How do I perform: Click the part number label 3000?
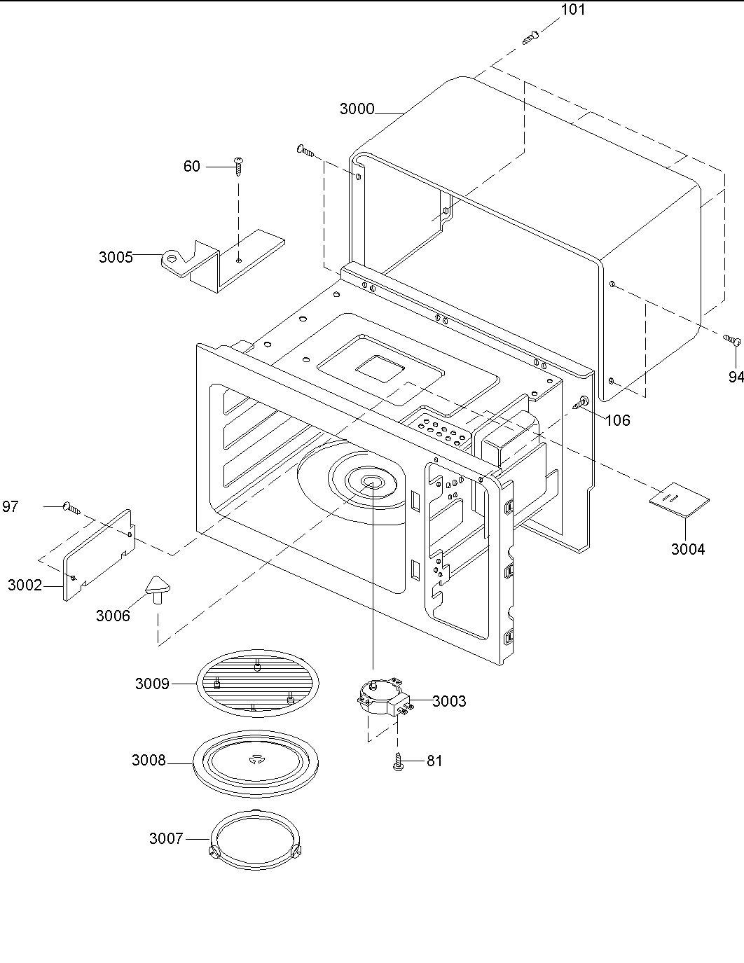(x=357, y=109)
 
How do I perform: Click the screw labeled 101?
(x=531, y=37)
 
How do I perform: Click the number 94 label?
(x=736, y=377)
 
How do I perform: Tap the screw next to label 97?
(x=71, y=506)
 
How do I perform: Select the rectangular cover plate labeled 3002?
(x=99, y=554)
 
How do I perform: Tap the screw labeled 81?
(x=399, y=761)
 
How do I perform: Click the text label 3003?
(x=448, y=701)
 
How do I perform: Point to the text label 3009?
(x=152, y=684)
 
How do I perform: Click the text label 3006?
(x=113, y=616)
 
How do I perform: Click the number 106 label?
(x=617, y=420)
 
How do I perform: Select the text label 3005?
(x=116, y=256)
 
